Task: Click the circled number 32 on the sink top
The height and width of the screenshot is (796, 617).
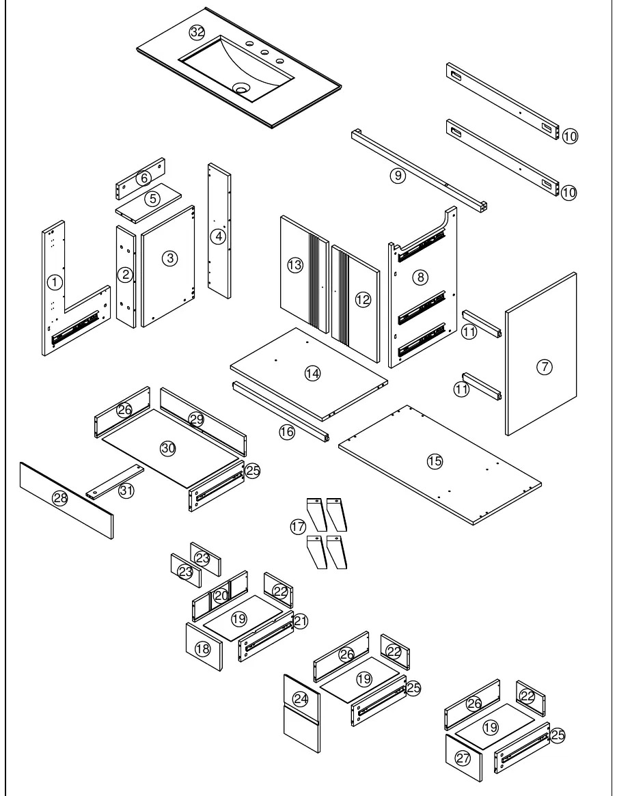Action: coord(197,33)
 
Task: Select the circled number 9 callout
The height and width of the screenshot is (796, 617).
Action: coord(398,176)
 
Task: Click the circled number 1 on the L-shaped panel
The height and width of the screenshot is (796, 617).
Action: coord(55,282)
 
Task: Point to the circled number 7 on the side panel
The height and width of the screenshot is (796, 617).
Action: coord(545,366)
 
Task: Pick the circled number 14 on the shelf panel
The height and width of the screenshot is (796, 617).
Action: coord(312,374)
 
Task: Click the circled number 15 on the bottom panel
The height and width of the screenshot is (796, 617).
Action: coord(435,461)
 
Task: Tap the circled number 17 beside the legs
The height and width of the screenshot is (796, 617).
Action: coord(298,527)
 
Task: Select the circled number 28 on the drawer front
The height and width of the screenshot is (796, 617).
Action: coord(60,498)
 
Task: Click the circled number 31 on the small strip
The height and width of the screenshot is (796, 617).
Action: coord(126,491)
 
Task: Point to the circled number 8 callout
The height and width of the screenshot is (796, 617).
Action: coord(420,277)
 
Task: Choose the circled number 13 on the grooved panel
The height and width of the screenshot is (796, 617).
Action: coord(294,264)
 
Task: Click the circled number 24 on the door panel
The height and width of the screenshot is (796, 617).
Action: coord(301,699)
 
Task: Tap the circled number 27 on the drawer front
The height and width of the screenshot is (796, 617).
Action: coord(463,758)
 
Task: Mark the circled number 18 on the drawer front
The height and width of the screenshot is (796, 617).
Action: coord(203,648)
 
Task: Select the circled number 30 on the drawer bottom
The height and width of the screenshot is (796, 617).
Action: coord(168,448)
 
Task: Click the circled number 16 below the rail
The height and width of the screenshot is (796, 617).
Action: coord(287,432)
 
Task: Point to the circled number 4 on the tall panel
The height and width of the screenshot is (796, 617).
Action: coord(218,236)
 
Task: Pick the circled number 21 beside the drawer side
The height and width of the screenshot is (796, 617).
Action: coord(301,621)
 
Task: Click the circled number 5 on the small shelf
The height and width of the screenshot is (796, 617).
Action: coord(152,199)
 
